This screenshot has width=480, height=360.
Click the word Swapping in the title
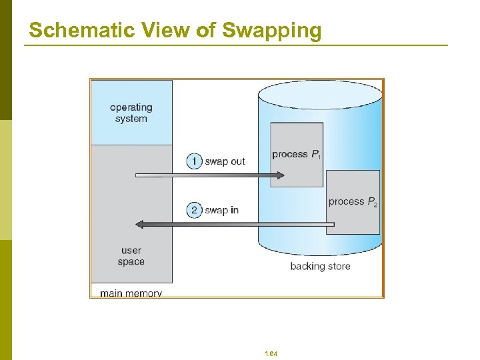(272, 31)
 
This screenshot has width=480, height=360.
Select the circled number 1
(194, 161)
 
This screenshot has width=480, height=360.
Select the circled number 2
(194, 210)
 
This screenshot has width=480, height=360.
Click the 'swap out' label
(225, 161)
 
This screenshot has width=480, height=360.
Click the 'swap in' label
(221, 211)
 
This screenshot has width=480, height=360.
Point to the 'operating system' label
(131, 113)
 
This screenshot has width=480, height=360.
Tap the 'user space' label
(131, 256)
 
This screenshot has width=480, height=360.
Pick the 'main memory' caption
(131, 293)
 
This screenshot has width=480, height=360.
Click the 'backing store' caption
(320, 267)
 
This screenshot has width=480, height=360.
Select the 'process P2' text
(353, 201)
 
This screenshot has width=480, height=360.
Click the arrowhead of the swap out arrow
(280, 175)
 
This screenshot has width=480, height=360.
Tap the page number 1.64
(271, 353)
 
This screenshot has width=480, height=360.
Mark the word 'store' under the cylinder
(337, 267)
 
